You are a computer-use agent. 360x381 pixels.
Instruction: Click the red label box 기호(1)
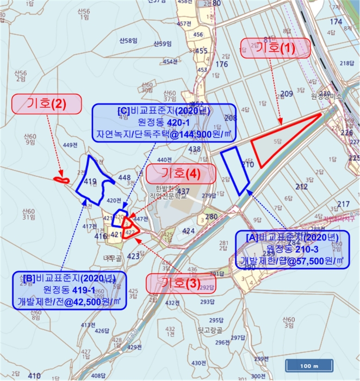coord(275,47)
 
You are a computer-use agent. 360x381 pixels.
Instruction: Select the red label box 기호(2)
coord(47,103)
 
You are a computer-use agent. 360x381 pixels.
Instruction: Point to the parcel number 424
coord(189,231)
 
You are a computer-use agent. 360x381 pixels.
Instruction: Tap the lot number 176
coord(221,64)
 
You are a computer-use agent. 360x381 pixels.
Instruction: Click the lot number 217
coord(343,204)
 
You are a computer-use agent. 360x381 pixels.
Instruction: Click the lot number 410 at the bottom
coord(34,376)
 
